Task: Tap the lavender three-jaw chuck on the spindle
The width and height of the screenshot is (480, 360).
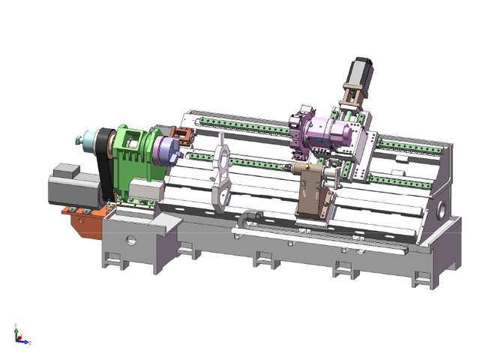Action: (x=164, y=150)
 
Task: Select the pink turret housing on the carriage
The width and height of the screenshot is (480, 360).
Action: (x=333, y=136)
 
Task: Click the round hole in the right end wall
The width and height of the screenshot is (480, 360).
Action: (x=442, y=204)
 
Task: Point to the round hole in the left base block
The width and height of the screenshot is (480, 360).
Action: (x=132, y=241)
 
